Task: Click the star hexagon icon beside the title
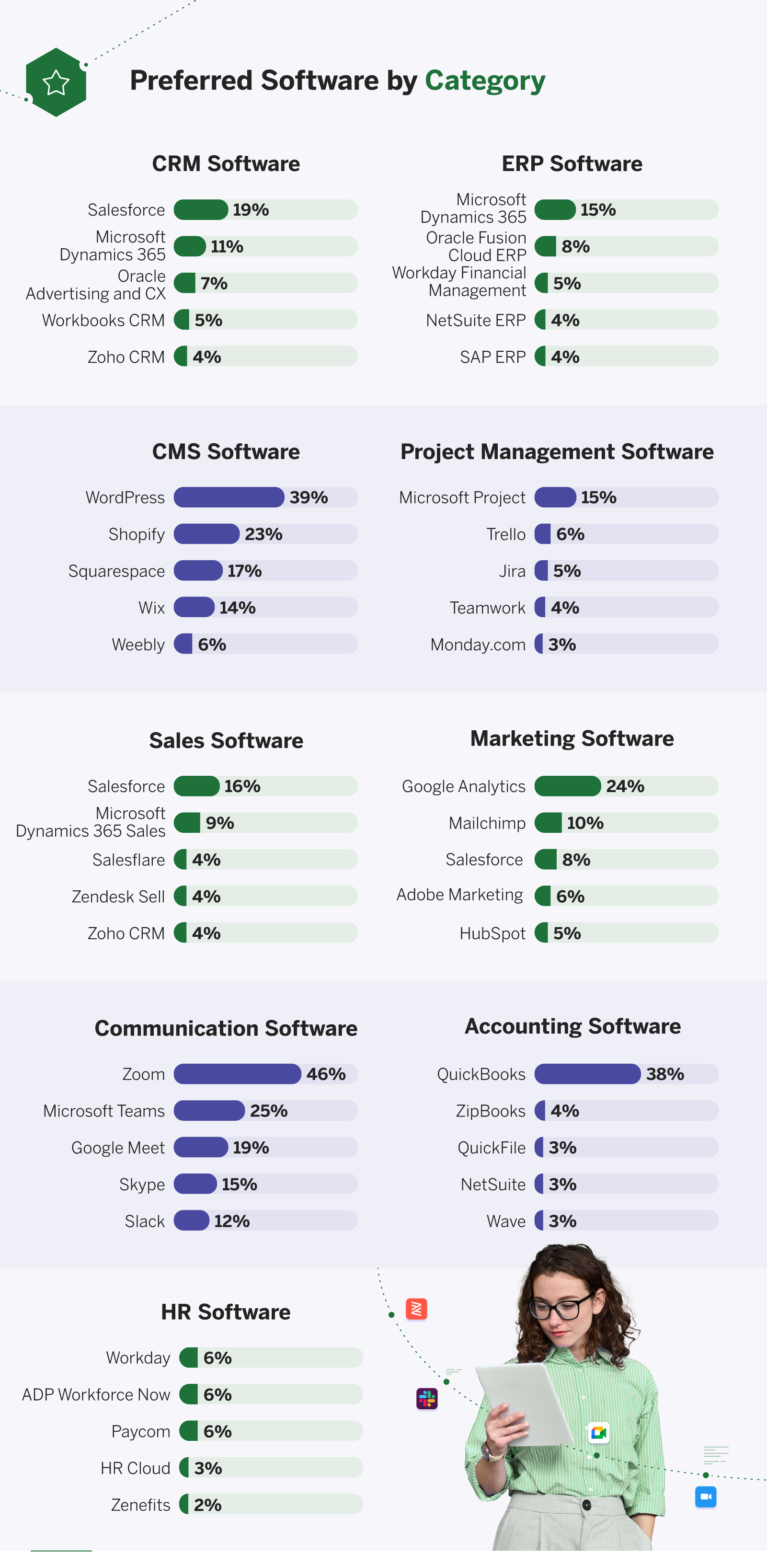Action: point(56,82)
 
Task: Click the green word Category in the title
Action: point(485,81)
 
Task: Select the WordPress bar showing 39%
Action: point(229,497)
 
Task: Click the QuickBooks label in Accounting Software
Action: point(481,1074)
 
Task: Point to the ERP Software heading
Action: point(572,163)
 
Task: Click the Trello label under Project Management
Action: point(505,534)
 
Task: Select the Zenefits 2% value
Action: point(208,1504)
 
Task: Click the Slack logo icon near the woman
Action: point(427,1399)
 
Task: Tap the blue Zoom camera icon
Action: point(705,1496)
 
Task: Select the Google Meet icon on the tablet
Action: point(599,1433)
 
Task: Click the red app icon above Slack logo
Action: point(417,1309)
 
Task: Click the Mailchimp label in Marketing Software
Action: point(487,823)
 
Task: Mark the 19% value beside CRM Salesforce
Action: point(251,209)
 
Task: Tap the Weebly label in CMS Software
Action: point(138,644)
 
